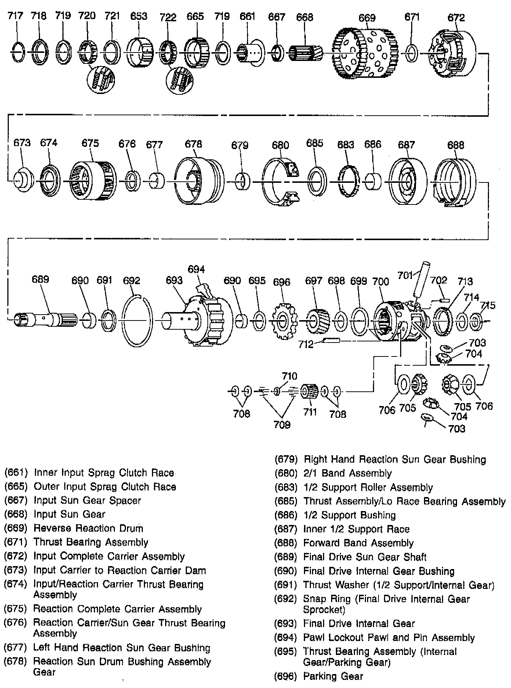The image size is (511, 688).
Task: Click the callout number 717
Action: (x=15, y=16)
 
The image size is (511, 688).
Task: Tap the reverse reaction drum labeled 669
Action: (x=365, y=53)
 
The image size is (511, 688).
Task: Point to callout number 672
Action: (x=456, y=18)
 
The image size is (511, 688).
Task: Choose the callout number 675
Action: (x=90, y=143)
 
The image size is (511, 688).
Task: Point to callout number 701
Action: (x=405, y=275)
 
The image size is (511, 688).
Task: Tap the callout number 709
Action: (x=282, y=425)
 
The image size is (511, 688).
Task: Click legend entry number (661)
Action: (x=16, y=472)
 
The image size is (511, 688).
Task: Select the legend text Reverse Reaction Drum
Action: (x=88, y=528)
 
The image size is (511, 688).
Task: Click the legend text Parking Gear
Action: (x=333, y=676)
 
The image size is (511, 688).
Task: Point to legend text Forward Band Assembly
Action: (x=358, y=543)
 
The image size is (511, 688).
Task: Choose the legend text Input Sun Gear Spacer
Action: (x=87, y=500)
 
